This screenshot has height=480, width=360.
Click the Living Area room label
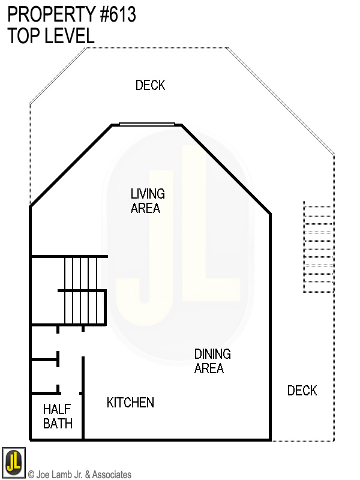coord(148,201)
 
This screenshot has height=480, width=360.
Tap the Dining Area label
coord(212,361)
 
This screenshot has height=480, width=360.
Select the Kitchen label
coord(130,403)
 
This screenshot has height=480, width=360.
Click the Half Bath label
coord(58,416)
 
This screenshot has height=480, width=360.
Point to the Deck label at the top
coord(150,85)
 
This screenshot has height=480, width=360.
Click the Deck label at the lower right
coord(302,391)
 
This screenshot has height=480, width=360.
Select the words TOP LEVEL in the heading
coord(51,36)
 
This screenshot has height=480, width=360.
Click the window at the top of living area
coord(147,124)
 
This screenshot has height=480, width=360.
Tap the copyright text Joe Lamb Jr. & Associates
coord(79,475)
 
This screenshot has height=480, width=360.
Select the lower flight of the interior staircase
coord(82,308)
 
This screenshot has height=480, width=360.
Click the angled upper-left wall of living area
coord(71,166)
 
